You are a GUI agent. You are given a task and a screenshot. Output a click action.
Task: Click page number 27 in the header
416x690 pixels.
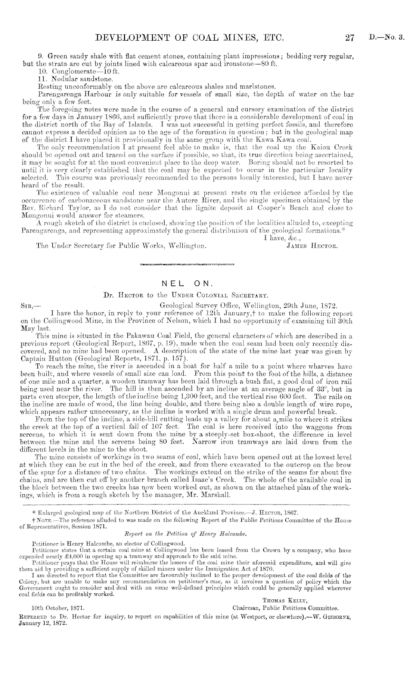tap(350, 37)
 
